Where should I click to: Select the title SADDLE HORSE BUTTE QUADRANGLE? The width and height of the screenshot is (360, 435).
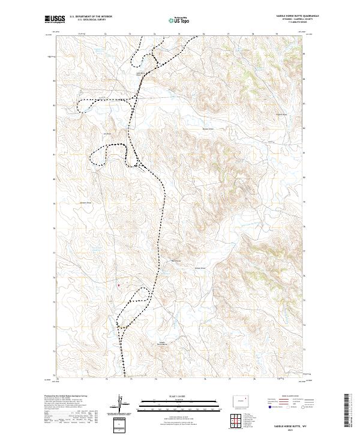click(x=288, y=16)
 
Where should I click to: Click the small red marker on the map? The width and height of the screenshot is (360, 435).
click(x=118, y=285)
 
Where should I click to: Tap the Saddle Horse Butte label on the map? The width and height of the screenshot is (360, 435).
click(x=162, y=343)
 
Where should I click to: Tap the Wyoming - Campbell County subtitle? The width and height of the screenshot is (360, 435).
click(x=288, y=19)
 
